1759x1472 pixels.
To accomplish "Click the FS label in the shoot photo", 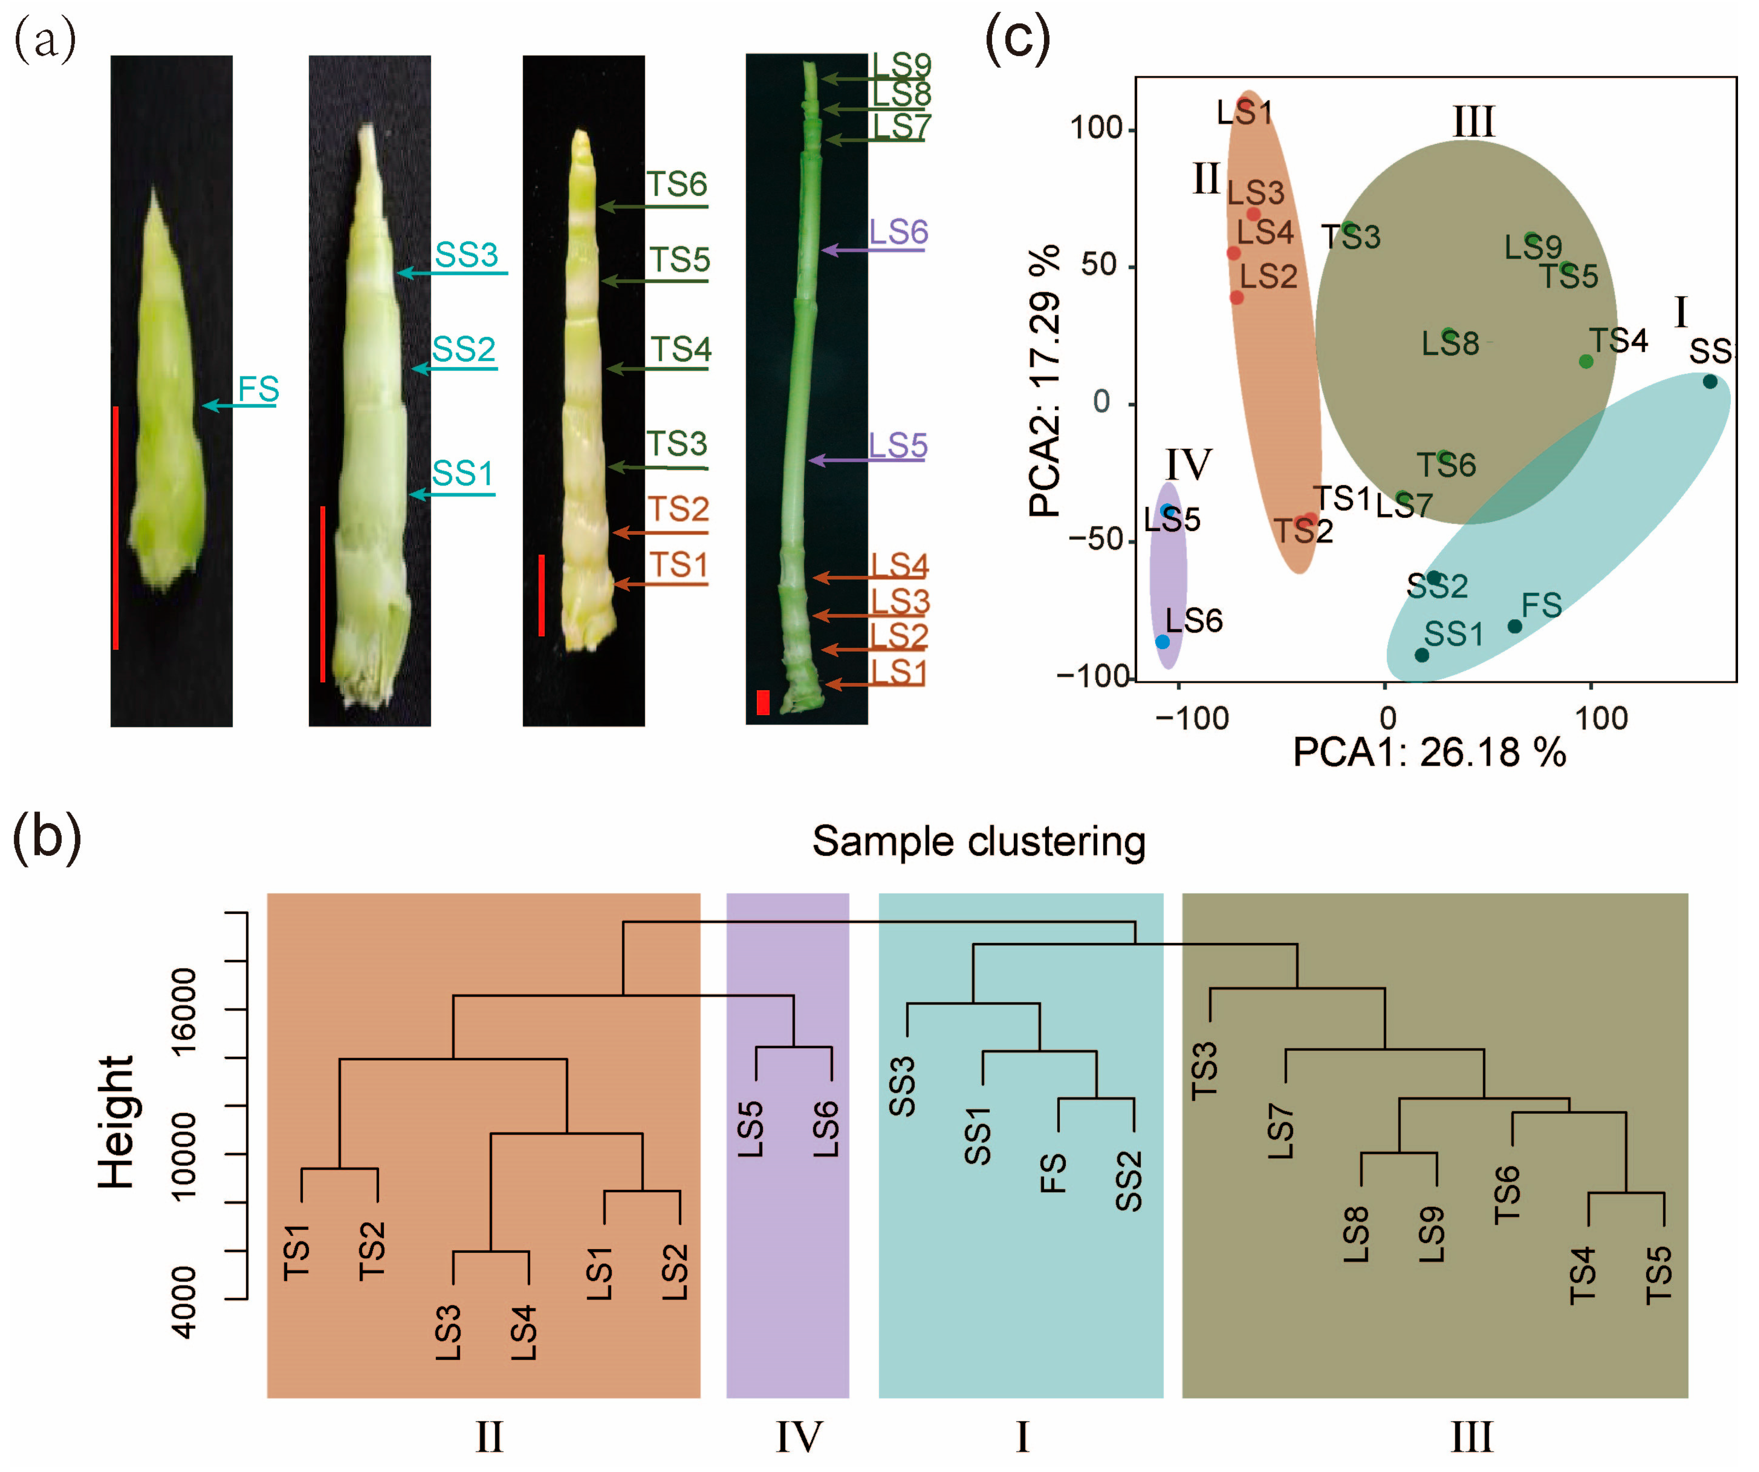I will [x=258, y=390].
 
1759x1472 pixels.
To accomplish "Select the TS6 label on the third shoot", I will [x=677, y=184].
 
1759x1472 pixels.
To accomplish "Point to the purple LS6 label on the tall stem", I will [x=898, y=232].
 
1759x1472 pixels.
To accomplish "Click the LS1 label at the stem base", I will [x=898, y=672].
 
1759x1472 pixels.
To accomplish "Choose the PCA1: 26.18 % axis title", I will [x=1429, y=752].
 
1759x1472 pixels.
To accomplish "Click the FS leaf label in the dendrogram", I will [x=1053, y=1173].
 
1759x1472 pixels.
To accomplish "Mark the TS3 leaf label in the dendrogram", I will [x=1204, y=1071].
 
